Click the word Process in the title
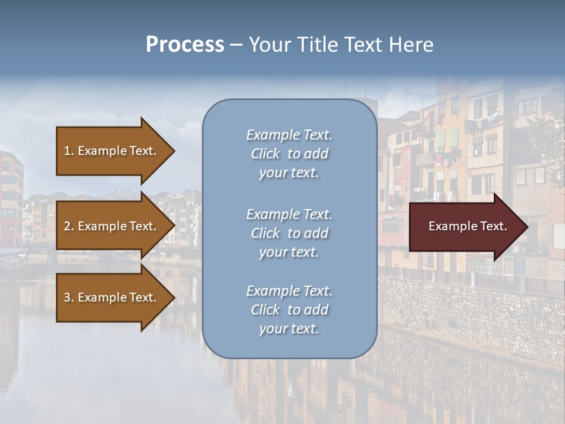click(185, 45)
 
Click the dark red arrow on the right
click(465, 227)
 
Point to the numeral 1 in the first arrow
click(67, 151)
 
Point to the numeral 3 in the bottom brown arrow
click(67, 298)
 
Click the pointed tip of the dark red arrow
click(526, 227)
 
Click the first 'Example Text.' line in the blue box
click(289, 135)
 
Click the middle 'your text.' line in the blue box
click(289, 252)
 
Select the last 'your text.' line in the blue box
click(289, 329)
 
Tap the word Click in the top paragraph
click(265, 154)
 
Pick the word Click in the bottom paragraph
click(265, 310)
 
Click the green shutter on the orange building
click(454, 138)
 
